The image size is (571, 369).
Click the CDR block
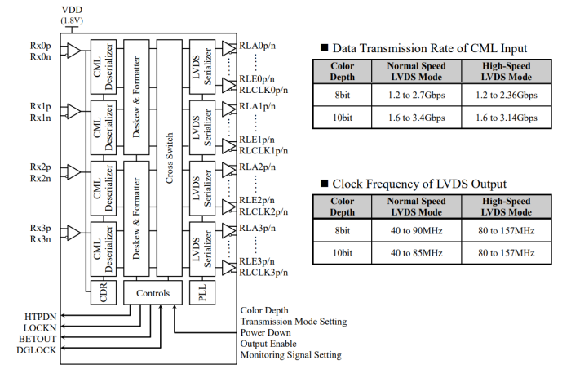(103, 292)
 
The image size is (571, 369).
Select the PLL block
(201, 292)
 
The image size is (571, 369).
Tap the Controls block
(153, 292)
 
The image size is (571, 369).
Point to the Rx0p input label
(41, 45)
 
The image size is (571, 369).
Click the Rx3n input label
(41, 238)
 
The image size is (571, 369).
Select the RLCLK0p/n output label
(263, 90)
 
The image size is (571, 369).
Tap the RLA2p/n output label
(258, 167)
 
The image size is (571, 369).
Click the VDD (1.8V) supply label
(72, 14)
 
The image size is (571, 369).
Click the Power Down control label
(267, 332)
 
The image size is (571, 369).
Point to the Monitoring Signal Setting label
(291, 355)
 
